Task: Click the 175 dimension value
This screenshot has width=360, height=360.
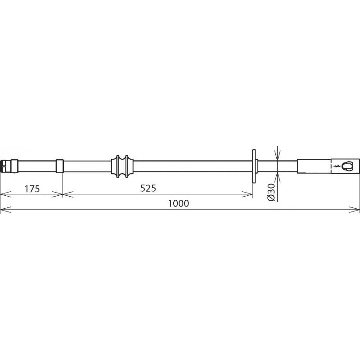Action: pos(32,189)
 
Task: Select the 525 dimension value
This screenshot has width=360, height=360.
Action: pos(148,188)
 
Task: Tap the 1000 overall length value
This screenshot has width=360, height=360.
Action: pos(178,203)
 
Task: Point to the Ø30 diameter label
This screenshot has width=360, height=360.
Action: pos(271,193)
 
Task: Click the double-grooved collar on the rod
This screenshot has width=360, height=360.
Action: pos(122,166)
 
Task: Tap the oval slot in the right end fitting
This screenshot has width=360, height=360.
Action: pos(346,166)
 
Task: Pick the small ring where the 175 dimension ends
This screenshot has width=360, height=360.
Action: pos(60,166)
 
